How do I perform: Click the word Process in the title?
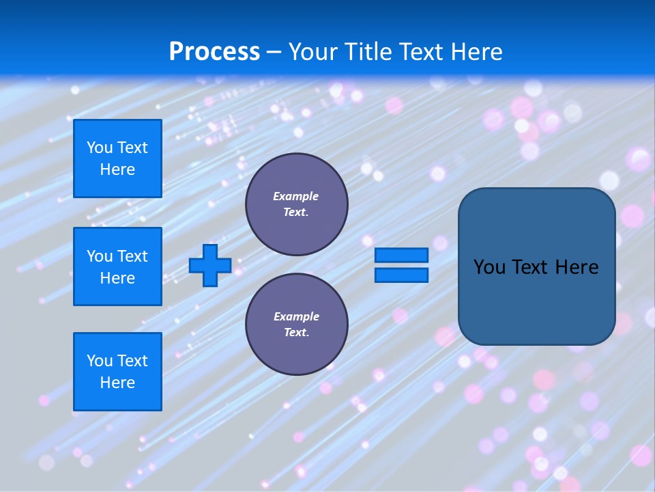coord(214,52)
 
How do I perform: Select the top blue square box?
coord(117,159)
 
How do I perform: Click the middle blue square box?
coord(117,266)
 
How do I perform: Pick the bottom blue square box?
coord(117,372)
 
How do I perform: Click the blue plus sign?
coord(210,265)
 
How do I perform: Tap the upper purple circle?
coord(296,204)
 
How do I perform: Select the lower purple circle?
coord(296,325)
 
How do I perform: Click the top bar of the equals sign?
coord(401,255)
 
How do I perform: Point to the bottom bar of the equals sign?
coord(401,275)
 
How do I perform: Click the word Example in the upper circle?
coord(296,196)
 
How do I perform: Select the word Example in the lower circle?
coord(296,316)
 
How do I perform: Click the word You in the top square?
coord(99,148)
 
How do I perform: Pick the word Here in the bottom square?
coord(117,383)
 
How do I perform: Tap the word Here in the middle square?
coord(117,278)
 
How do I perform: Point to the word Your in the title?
coord(313,52)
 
